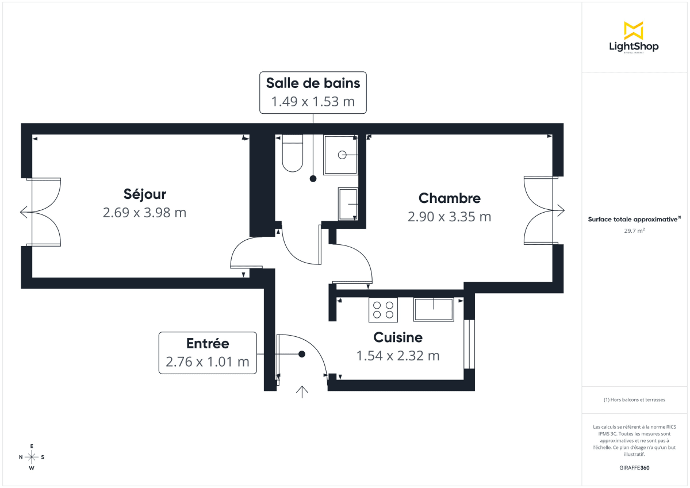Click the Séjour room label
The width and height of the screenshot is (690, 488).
pyautogui.click(x=144, y=194)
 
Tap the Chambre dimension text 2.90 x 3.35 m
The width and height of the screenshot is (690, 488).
pyautogui.click(x=449, y=217)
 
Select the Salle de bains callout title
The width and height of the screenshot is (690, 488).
pyautogui.click(x=313, y=83)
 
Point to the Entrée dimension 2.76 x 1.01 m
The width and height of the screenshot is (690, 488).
pyautogui.click(x=207, y=362)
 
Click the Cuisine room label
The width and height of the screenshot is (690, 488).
pyautogui.click(x=398, y=337)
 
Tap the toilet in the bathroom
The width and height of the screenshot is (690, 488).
pyautogui.click(x=293, y=153)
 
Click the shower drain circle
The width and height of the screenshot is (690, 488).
pyautogui.click(x=342, y=154)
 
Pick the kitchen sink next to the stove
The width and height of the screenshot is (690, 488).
pyautogui.click(x=433, y=309)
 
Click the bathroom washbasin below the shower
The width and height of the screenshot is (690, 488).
pyautogui.click(x=348, y=203)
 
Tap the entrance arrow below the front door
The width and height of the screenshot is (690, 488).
pyautogui.click(x=302, y=391)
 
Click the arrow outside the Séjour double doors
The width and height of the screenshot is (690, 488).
pyautogui.click(x=24, y=213)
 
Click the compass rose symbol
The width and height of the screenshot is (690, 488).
pyautogui.click(x=32, y=457)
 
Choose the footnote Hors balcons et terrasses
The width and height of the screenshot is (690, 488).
pyautogui.click(x=634, y=399)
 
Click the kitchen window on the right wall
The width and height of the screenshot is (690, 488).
pyautogui.click(x=469, y=344)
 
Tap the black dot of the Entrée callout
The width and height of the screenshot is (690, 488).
pyautogui.click(x=301, y=354)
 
